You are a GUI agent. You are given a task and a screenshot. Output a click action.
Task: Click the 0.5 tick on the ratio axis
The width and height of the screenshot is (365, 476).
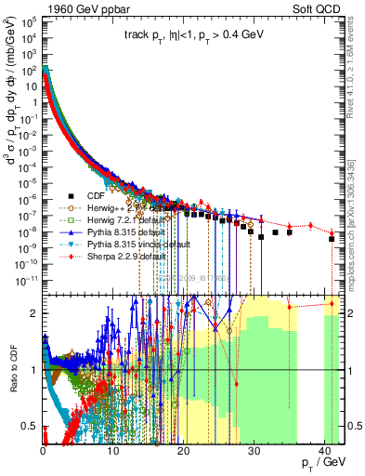coord(31,426)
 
